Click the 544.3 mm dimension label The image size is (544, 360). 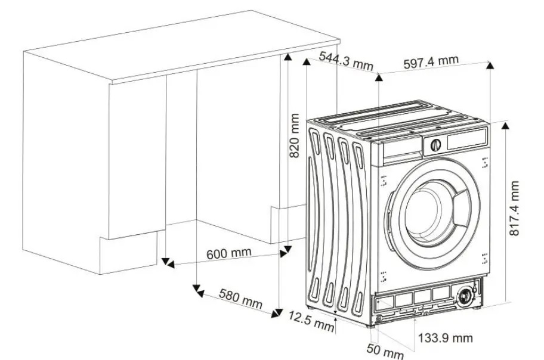[x=346, y=61]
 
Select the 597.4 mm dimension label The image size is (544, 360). [x=431, y=62]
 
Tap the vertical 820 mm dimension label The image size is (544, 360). [x=294, y=136]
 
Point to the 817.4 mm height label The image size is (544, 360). [x=514, y=208]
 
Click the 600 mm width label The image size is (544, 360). [x=228, y=253]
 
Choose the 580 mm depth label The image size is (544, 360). [x=240, y=299]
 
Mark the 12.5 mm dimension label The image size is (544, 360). [x=311, y=321]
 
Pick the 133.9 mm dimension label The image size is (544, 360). [x=445, y=337]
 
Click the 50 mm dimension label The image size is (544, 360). [x=385, y=350]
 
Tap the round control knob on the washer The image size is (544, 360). [x=435, y=145]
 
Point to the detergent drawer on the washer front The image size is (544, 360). [x=403, y=150]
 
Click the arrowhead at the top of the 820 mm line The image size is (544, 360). [x=287, y=57]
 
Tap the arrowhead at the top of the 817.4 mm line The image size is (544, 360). [x=506, y=126]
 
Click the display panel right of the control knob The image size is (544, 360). [x=466, y=139]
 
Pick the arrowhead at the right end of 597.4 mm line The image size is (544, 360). [x=490, y=65]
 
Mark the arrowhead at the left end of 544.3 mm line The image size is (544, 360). [x=307, y=62]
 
